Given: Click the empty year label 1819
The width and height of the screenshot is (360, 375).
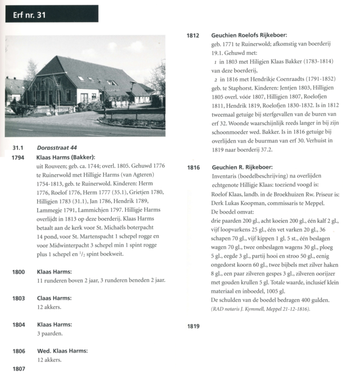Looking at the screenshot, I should point(194,326).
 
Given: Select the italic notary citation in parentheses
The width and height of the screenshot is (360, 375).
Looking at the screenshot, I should point(260,309).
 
